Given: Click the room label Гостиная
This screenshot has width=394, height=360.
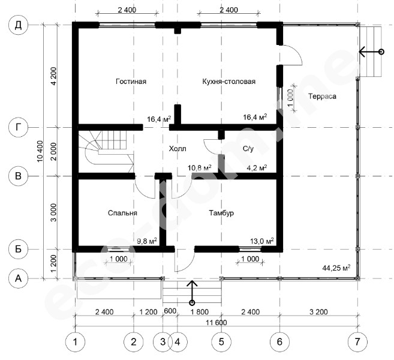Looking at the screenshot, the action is point(131,82).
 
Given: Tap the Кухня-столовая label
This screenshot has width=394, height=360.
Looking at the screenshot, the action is point(228,82).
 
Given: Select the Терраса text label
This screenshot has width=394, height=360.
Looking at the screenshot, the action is point(322,96).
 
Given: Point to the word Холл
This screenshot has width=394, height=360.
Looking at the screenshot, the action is point(178,149).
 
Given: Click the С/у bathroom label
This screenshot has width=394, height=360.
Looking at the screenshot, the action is point(248,149).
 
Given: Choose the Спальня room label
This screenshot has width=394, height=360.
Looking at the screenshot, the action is point(122,213).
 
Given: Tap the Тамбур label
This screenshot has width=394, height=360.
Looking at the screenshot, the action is point(221,213).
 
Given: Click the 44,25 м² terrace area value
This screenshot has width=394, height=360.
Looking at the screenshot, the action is point(336,268).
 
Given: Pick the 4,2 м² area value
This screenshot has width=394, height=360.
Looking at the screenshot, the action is point(257,167).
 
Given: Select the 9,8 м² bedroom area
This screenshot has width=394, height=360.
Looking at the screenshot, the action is point(147,241).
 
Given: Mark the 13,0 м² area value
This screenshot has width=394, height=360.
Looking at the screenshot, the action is point(262,241).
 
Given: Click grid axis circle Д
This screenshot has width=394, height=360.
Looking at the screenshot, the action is point(19,25).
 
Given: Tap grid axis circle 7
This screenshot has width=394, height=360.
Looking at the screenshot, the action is point(357,341).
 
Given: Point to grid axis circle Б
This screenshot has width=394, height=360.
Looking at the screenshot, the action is point(19,249).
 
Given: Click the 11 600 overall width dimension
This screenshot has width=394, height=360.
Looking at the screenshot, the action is point(216,322).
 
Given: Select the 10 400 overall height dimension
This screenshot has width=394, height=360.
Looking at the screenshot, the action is point(40,151).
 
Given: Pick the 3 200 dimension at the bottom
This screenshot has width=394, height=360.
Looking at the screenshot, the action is point(318,312).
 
